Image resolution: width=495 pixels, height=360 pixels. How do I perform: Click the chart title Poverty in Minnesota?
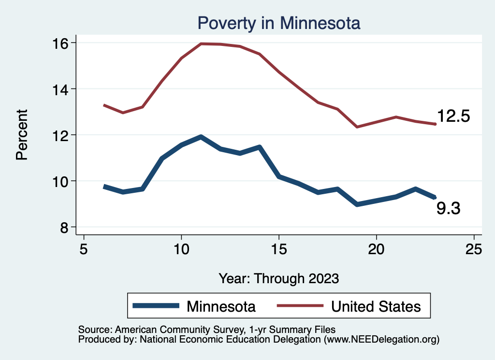pyautogui.click(x=279, y=23)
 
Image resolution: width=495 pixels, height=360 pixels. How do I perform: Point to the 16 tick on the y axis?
pyautogui.click(x=61, y=43)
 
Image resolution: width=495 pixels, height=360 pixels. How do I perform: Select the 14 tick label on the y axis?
pyautogui.click(x=61, y=89)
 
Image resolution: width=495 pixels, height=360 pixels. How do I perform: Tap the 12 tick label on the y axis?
pyautogui.click(x=61, y=135)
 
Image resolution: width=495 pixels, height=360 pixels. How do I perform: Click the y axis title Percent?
pyautogui.click(x=21, y=135)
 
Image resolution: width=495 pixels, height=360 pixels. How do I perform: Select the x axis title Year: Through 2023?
pyautogui.click(x=279, y=278)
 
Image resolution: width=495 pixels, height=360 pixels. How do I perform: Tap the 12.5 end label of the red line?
pyautogui.click(x=453, y=116)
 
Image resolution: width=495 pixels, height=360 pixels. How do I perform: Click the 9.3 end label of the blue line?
pyautogui.click(x=448, y=209)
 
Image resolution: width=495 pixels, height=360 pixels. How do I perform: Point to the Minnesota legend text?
pyautogui.click(x=221, y=306)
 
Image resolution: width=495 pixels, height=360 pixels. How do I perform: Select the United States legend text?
pyautogui.click(x=376, y=306)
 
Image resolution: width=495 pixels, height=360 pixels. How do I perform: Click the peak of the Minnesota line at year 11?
pyautogui.click(x=201, y=137)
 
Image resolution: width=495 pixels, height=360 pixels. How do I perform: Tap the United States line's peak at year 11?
pyautogui.click(x=201, y=44)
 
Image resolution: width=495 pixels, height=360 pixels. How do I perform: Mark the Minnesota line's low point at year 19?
pyautogui.click(x=357, y=204)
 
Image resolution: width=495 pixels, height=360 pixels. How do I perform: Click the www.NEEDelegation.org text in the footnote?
pyautogui.click(x=382, y=340)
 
